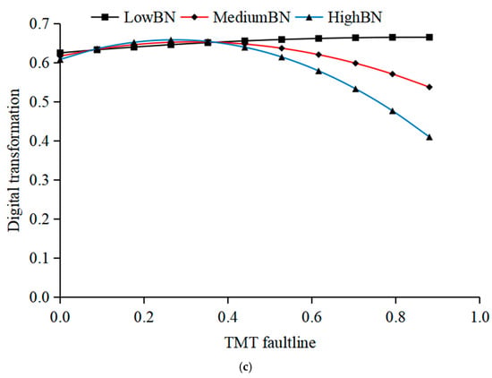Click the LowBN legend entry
133,17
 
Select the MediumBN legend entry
240,17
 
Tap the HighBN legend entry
344,17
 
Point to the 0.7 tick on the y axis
40,24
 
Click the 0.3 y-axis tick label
40,180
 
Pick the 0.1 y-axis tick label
40,258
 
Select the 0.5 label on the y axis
40,102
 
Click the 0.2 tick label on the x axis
144,317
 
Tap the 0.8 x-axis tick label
395,317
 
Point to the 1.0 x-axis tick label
479,317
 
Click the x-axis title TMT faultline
270,342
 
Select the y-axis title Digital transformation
13,160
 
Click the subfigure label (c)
245,367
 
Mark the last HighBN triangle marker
429,137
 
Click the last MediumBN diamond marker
429,87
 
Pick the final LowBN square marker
429,38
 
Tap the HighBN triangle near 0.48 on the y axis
393,111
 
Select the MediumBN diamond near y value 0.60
355,64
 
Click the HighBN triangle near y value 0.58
318,71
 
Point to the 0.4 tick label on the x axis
228,317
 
